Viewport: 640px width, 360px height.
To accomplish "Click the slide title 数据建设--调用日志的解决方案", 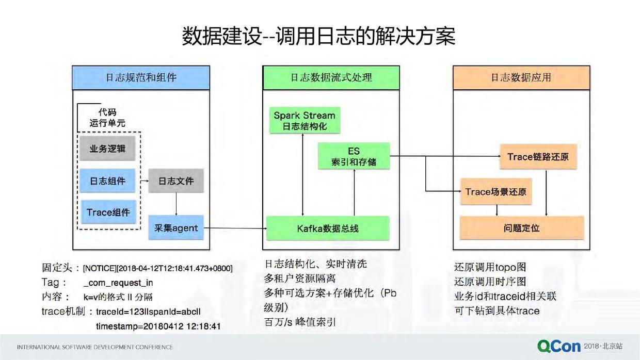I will pyautogui.click(x=318, y=37).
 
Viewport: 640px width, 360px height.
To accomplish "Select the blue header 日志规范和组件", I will pyautogui.click(x=141, y=77).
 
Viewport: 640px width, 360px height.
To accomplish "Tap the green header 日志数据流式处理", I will pyautogui.click(x=331, y=77).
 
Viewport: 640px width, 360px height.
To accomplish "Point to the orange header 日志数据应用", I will pyautogui.click(x=521, y=77).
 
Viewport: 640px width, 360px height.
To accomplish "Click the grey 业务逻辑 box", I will pyautogui.click(x=107, y=149).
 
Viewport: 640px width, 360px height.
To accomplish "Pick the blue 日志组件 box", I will pyautogui.click(x=107, y=181).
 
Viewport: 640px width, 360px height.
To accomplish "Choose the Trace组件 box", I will pyautogui.click(x=107, y=212).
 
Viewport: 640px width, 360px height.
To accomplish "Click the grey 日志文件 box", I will pyautogui.click(x=176, y=181).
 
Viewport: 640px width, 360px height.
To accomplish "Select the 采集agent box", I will pyautogui.click(x=176, y=227).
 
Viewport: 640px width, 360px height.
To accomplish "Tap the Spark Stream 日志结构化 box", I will pyautogui.click(x=304, y=121).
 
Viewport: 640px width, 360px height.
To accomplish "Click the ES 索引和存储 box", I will pyautogui.click(x=354, y=156).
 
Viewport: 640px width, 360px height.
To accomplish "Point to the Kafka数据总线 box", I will pyautogui.click(x=327, y=228).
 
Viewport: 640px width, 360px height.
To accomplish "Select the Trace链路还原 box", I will pyautogui.click(x=538, y=157).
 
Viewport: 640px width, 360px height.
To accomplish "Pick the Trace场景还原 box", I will pyautogui.click(x=495, y=192).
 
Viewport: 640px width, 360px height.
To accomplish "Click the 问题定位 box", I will pyautogui.click(x=521, y=227).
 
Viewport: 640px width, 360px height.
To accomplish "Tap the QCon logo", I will pyautogui.click(x=559, y=346).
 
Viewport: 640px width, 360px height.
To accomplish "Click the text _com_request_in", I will pyautogui.click(x=118, y=283).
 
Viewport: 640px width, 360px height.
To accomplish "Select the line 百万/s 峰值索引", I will pyautogui.click(x=300, y=322).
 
